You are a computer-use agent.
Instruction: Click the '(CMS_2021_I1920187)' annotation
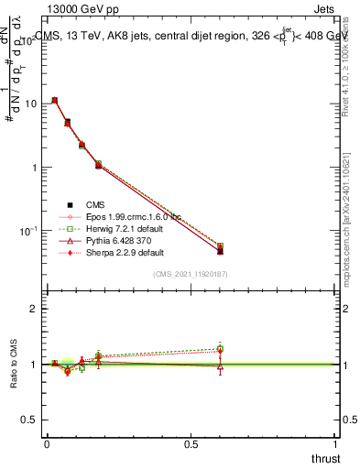191,273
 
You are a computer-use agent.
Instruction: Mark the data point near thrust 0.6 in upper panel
220,250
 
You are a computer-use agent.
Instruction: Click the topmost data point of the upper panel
55,100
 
